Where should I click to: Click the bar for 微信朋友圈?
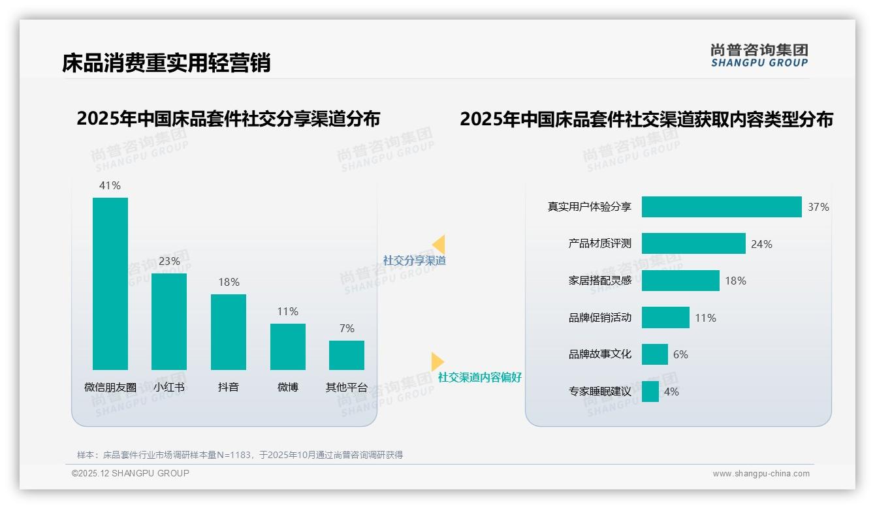(110, 283)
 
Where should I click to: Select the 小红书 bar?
(169, 321)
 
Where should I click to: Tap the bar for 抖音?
(229, 332)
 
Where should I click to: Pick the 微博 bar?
(287, 347)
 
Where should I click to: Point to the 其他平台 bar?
(347, 355)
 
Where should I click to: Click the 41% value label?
(110, 185)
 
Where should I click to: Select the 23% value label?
(169, 261)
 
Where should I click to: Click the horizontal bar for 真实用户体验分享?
(721, 207)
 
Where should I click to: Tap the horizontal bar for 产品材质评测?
(693, 243)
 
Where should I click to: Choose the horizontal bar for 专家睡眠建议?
(650, 392)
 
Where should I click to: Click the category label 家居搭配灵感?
(599, 281)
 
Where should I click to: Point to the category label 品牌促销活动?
(599, 318)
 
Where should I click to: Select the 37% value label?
(818, 207)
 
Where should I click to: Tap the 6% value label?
(680, 354)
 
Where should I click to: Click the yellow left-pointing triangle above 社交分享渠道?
(439, 245)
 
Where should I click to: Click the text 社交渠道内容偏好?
(479, 377)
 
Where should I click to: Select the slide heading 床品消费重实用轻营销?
(166, 63)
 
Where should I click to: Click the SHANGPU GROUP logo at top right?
(759, 55)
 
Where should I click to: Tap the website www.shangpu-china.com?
(761, 474)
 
